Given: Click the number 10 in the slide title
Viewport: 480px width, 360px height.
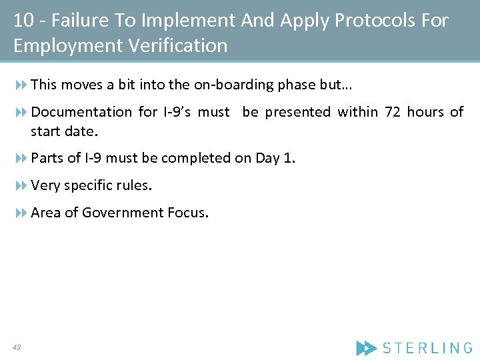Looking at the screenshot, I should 23,21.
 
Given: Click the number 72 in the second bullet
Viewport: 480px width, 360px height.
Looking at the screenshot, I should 393,112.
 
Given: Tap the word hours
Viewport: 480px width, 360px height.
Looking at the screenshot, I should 425,112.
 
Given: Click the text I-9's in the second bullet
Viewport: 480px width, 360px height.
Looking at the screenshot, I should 177,112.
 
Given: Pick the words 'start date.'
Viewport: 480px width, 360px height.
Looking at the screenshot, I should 64,131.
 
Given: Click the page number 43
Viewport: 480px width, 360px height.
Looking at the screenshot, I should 17,347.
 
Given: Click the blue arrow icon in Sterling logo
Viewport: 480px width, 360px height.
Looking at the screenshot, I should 366,347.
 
